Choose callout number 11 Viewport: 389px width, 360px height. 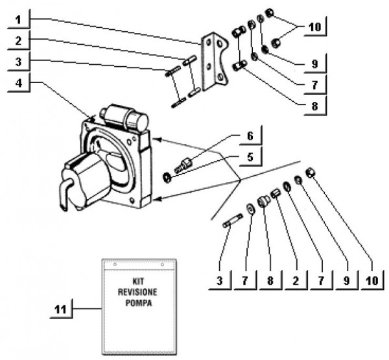(x=60, y=311)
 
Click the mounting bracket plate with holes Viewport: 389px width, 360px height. (x=214, y=62)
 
